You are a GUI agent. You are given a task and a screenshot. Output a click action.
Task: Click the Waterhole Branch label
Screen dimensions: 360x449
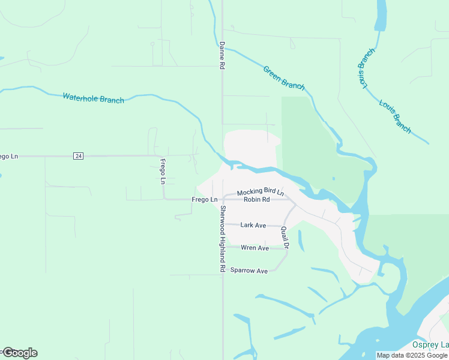pos(93,98)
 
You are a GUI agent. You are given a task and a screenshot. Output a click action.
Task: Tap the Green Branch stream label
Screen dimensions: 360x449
pos(284,78)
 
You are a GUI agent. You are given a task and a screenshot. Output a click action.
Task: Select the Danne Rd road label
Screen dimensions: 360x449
pos(221,56)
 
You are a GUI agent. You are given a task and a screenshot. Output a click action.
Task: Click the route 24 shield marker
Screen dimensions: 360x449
pos(78,156)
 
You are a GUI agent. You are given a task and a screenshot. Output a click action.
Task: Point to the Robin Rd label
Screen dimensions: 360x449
pos(257,199)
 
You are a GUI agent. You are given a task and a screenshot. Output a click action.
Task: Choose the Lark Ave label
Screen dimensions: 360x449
pos(253,225)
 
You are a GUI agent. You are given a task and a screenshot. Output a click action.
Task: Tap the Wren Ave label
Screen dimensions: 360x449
pos(255,248)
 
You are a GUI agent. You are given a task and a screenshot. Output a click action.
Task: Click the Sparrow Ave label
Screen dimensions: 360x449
pos(249,271)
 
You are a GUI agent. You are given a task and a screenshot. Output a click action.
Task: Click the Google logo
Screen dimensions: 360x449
pos(19,353)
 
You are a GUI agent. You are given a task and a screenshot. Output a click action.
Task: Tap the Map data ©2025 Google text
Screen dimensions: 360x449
pos(412,355)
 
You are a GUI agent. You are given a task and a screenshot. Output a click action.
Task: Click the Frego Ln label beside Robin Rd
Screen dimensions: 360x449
pos(204,199)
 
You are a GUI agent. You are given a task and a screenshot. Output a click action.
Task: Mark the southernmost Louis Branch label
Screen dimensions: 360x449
pos(395,116)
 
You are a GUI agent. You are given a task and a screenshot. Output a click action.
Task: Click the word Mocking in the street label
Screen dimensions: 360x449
pos(247,192)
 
